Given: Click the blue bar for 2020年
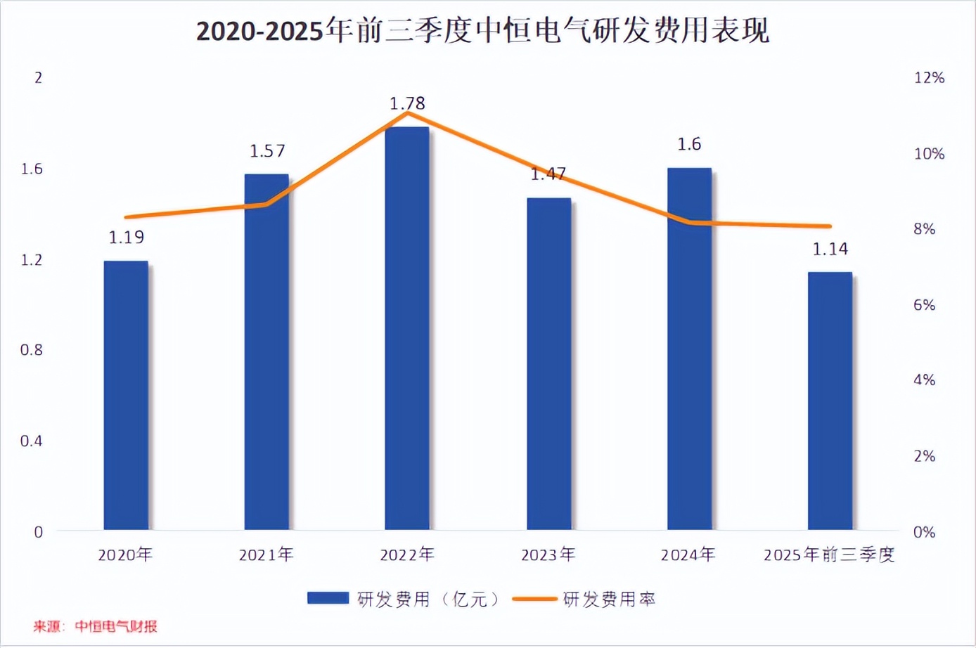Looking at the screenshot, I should (126, 395).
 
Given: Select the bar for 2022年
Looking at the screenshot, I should (407, 328).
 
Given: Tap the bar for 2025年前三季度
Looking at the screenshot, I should (830, 401).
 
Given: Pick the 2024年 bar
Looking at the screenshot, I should (689, 349).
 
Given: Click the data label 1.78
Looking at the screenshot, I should (408, 104).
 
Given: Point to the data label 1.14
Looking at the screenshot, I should (830, 250).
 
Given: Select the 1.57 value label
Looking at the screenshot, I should (268, 151).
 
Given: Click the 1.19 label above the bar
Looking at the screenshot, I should (127, 238).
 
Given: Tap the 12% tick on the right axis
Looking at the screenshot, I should (929, 78).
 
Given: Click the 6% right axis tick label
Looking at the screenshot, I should (925, 305).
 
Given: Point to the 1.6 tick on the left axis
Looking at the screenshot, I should (32, 169).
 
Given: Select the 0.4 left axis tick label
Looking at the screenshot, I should (32, 441).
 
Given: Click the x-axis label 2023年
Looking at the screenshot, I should (548, 555).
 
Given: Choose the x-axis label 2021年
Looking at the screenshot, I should (267, 555).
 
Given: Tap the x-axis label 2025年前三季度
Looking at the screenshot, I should (829, 555).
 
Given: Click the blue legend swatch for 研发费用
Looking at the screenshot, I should (328, 598).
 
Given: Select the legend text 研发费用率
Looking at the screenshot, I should (610, 600).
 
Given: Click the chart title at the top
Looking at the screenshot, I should (482, 32).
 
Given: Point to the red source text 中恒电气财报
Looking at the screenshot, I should (116, 626).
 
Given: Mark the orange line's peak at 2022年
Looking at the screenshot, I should (408, 112).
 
